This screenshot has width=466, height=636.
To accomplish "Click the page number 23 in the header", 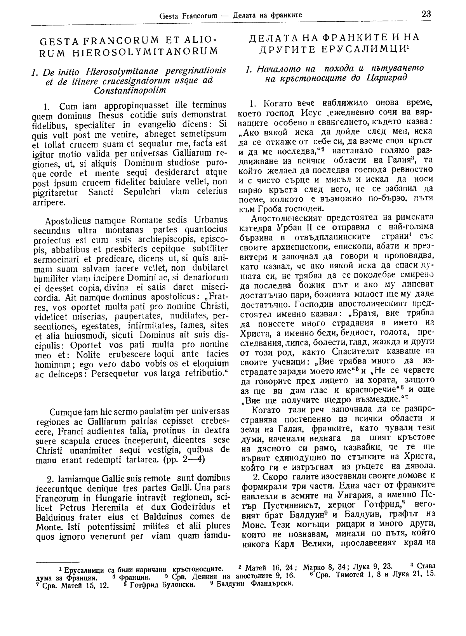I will tap(426, 14).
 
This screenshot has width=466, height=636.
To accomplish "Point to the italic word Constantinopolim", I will tap(130, 90).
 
